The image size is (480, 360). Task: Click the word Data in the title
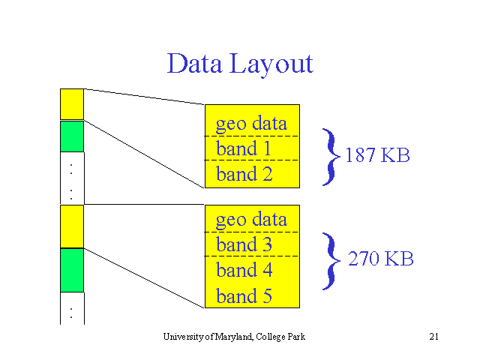point(194,63)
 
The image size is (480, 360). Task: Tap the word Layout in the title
point(271,65)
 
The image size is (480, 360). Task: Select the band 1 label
point(244,148)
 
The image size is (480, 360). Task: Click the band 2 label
point(244,173)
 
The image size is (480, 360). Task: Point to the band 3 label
point(244,244)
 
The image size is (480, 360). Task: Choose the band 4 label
point(244,270)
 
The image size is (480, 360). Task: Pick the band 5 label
point(244,295)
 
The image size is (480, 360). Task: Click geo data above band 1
point(251,124)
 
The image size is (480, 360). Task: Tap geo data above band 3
point(251,220)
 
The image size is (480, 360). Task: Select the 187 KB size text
point(377,155)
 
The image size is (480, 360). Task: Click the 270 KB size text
point(381,258)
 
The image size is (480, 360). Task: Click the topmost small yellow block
point(72,104)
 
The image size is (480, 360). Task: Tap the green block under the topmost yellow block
point(72,136)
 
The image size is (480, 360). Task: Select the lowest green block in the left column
point(72,270)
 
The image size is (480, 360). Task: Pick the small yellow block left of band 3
point(72,226)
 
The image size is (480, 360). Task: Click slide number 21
point(433,337)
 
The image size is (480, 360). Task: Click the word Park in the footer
point(296,337)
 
